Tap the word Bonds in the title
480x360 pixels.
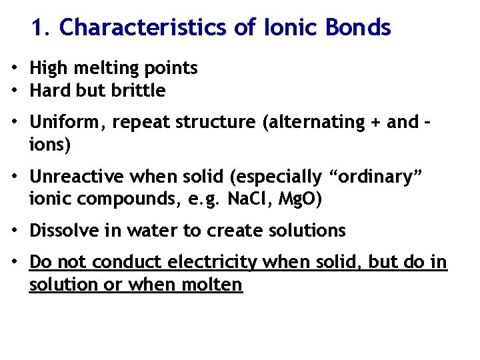point(358,27)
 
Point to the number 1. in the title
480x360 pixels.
point(41,27)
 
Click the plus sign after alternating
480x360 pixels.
point(387,123)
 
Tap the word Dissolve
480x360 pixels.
point(63,231)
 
